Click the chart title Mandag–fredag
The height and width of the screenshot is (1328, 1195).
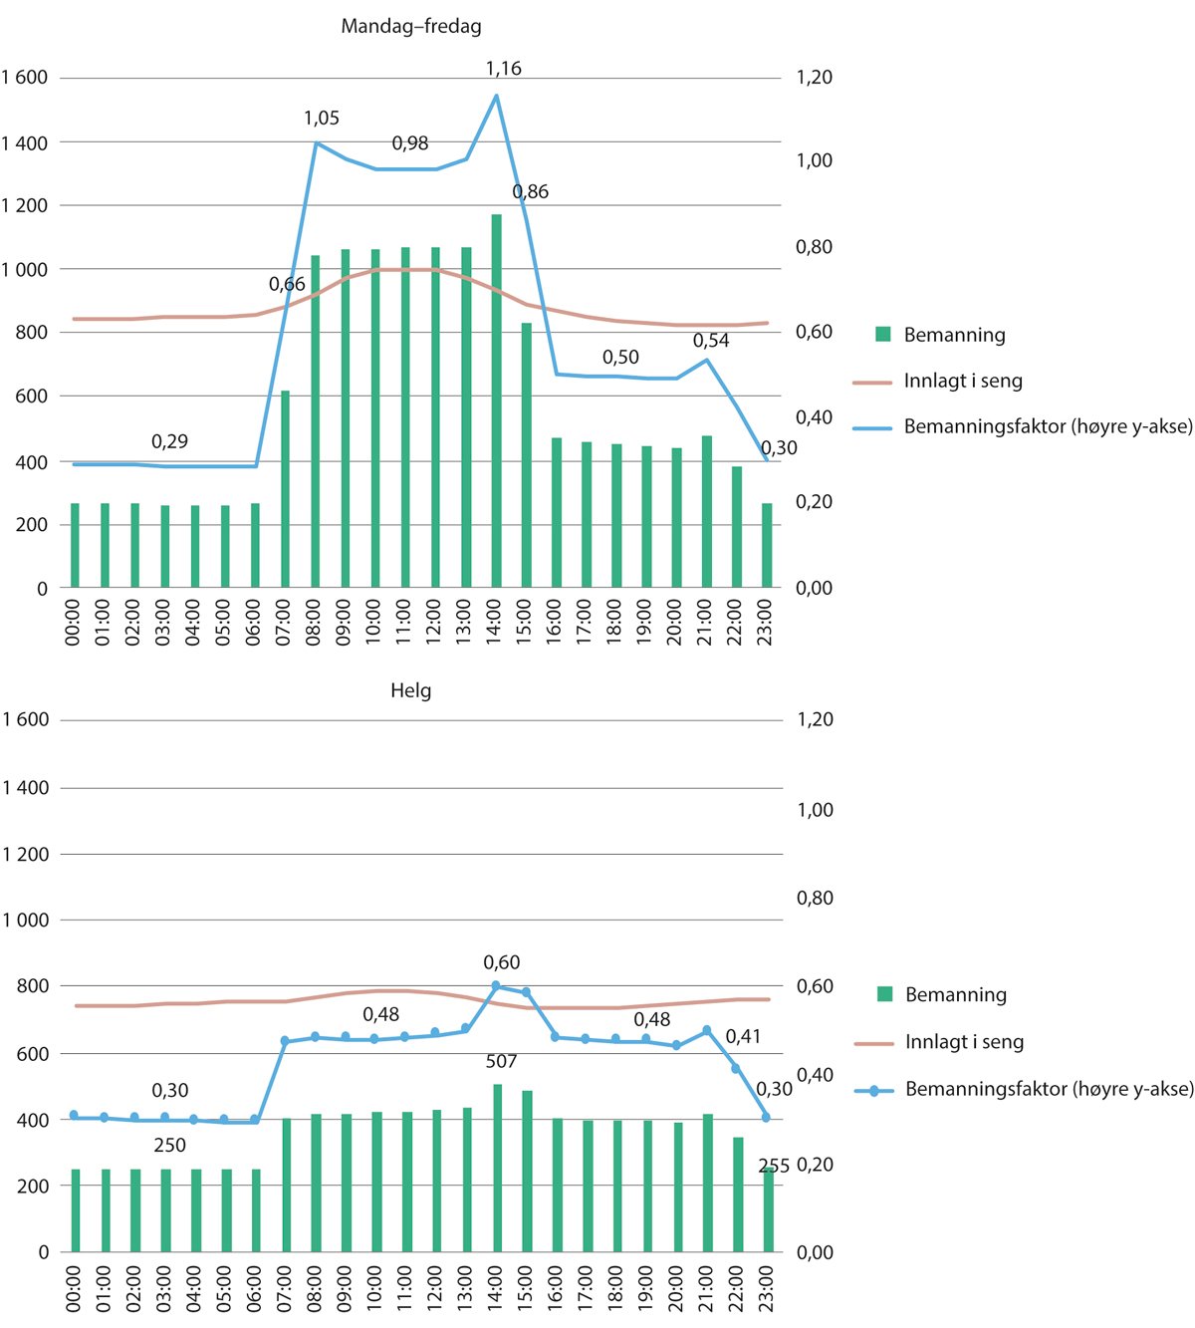coord(410,27)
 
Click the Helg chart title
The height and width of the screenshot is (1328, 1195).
coord(410,690)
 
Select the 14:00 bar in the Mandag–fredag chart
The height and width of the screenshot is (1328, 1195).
coord(496,400)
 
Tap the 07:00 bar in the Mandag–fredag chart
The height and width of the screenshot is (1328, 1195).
coord(285,489)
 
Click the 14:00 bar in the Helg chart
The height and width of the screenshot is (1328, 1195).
coord(497,1168)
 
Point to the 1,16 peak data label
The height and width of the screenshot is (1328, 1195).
coord(503,69)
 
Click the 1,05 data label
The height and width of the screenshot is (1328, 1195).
coord(321,119)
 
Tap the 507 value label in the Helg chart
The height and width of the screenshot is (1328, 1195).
coord(501,1062)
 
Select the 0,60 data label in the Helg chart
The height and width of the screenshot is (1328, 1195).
coord(501,962)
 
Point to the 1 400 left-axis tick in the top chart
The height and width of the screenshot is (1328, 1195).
coord(24,143)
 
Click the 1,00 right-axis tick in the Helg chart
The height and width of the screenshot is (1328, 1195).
coord(815,810)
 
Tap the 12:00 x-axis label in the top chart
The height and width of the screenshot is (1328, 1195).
coord(433,622)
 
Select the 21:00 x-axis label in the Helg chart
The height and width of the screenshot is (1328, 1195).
coord(706,1288)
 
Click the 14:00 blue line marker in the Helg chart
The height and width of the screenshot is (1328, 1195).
coord(496,985)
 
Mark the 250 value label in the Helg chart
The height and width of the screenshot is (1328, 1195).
coord(169,1146)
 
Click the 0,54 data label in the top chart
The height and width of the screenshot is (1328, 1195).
coord(711,341)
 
